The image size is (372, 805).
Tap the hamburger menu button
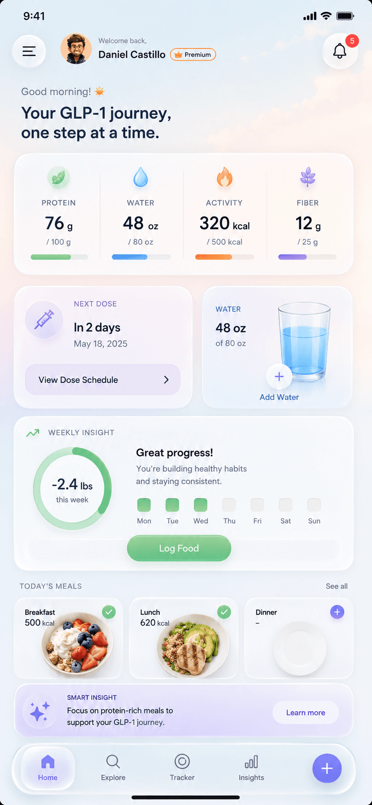coord(29,52)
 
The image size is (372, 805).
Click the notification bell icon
coord(340,51)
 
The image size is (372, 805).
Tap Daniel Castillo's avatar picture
coord(76,49)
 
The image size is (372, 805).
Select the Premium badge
coord(193,55)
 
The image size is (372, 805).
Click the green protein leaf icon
coord(58,177)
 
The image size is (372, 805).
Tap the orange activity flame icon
coord(225,177)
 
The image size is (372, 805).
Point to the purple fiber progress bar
coord(307,257)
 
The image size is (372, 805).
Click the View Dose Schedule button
coord(103,380)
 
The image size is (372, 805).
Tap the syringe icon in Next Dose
coord(44,319)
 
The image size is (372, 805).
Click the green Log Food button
coord(179,548)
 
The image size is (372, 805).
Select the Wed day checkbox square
coord(201,505)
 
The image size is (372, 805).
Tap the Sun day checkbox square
coord(314,505)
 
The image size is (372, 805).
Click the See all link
coord(337,586)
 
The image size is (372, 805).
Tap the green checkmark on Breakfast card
coord(109,612)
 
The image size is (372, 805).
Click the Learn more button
coord(306,712)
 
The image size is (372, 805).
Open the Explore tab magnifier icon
coord(113,762)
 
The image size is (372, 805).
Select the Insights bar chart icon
coord(251,762)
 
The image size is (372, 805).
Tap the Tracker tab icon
coord(182,761)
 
